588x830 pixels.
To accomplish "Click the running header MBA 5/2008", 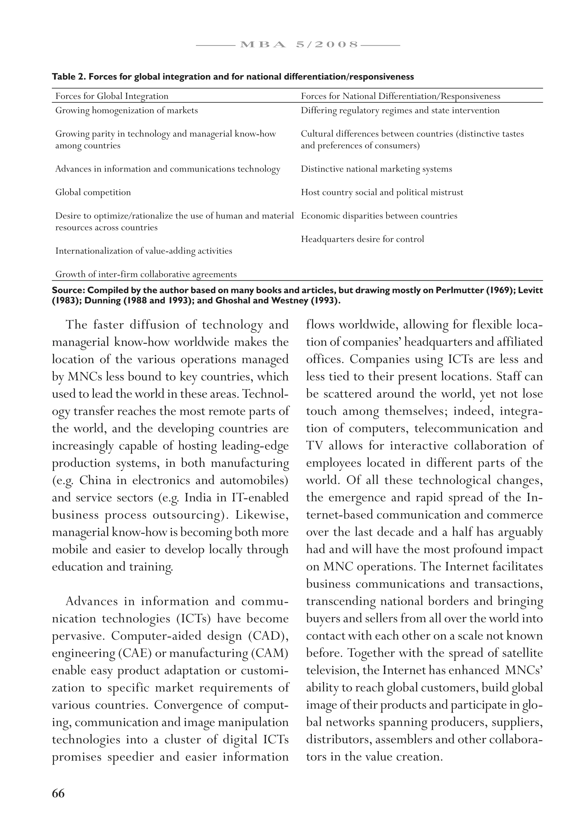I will (x=298, y=45).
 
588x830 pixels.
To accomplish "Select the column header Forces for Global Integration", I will (x=112, y=96).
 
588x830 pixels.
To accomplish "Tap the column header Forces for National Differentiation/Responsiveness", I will (x=401, y=96).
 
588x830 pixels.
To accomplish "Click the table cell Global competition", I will (x=93, y=192).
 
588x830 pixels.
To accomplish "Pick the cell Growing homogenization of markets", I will (x=126, y=110).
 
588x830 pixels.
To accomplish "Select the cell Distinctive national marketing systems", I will (x=376, y=169).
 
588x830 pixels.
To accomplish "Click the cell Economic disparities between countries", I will (x=379, y=216).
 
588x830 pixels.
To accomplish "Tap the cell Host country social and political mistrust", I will (x=382, y=192).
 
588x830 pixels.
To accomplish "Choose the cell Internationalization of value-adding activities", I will (x=144, y=251).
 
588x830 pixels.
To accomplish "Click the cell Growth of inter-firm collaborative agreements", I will (x=146, y=274).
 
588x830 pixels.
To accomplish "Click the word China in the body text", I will (x=95, y=480).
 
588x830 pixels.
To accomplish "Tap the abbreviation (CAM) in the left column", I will (x=269, y=653).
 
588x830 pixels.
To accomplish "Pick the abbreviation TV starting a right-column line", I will (x=314, y=446).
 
